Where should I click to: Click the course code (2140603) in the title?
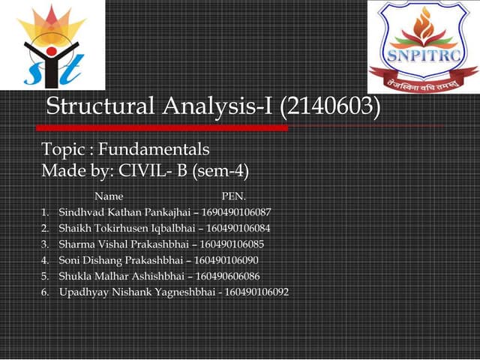[x=330, y=106]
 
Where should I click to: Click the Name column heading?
[x=109, y=196]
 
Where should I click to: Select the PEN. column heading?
[x=234, y=196]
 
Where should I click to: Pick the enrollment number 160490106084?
[x=237, y=228]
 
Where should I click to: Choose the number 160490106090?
[x=226, y=259]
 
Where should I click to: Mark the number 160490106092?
[x=256, y=292]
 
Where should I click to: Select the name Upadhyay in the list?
[x=81, y=292]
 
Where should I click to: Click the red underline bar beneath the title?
[x=165, y=127]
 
